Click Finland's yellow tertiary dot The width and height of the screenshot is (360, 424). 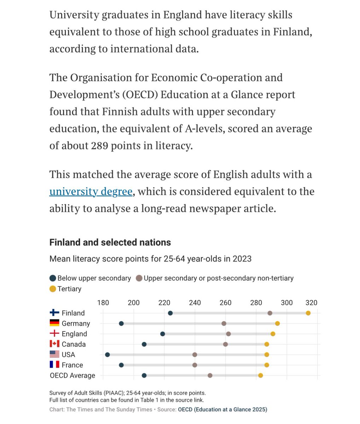pos(308,313)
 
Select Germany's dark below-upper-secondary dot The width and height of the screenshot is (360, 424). pos(121,323)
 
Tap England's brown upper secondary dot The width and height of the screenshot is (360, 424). pos(228,334)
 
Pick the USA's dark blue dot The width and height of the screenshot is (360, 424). pos(108,354)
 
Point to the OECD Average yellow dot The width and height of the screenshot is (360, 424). pos(261,375)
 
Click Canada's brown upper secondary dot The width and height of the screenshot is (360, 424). pos(226,344)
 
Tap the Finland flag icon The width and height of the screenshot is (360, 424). pos(54,313)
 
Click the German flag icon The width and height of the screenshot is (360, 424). pos(54,323)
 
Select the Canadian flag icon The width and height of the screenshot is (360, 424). pos(54,344)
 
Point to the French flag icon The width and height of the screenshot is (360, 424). pos(54,365)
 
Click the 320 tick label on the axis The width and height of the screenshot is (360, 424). pos(312,303)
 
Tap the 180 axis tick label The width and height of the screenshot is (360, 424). pos(103,303)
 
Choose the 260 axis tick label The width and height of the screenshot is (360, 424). pos(226,303)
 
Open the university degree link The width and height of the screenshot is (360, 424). pos(91,192)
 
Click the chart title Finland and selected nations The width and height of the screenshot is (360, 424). pos(110,242)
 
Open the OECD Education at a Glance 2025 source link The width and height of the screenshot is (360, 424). pos(222,410)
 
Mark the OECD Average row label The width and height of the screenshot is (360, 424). pos(72,375)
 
